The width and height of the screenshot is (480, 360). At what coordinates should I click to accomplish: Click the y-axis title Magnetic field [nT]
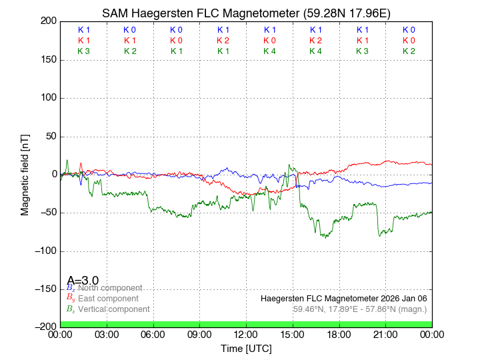pos(25,173)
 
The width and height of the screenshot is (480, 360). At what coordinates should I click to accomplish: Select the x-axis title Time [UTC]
pos(246,349)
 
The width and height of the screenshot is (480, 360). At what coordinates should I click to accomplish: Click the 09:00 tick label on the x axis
pos(199,335)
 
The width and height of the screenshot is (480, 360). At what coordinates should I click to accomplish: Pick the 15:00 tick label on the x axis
pos(293,335)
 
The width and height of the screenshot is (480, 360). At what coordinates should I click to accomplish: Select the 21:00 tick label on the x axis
pos(385,335)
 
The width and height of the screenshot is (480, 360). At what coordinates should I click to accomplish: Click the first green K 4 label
pos(269,51)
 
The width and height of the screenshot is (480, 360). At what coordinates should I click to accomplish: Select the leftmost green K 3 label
pos(83,51)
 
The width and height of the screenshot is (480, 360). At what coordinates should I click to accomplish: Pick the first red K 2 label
pos(223,41)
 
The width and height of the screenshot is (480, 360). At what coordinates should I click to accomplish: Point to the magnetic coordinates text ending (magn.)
pos(360,309)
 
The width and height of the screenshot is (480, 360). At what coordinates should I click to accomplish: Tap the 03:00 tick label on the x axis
pos(107,335)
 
